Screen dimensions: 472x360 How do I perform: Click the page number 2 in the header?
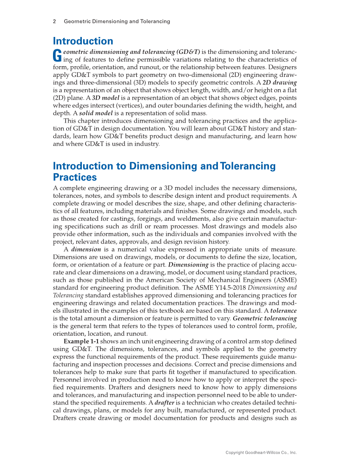(x=55, y=21)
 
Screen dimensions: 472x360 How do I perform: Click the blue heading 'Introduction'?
(x=83, y=41)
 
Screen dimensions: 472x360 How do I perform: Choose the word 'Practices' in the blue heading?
(x=75, y=177)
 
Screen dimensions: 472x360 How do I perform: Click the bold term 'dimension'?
(x=86, y=249)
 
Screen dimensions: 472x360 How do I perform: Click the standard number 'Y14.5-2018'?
(x=204, y=287)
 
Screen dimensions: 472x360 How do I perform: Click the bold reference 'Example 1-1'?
(x=81, y=341)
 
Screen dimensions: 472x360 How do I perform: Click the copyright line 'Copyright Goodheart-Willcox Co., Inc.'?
(x=261, y=452)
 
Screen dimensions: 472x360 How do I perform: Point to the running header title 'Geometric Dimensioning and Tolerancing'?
(x=117, y=21)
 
